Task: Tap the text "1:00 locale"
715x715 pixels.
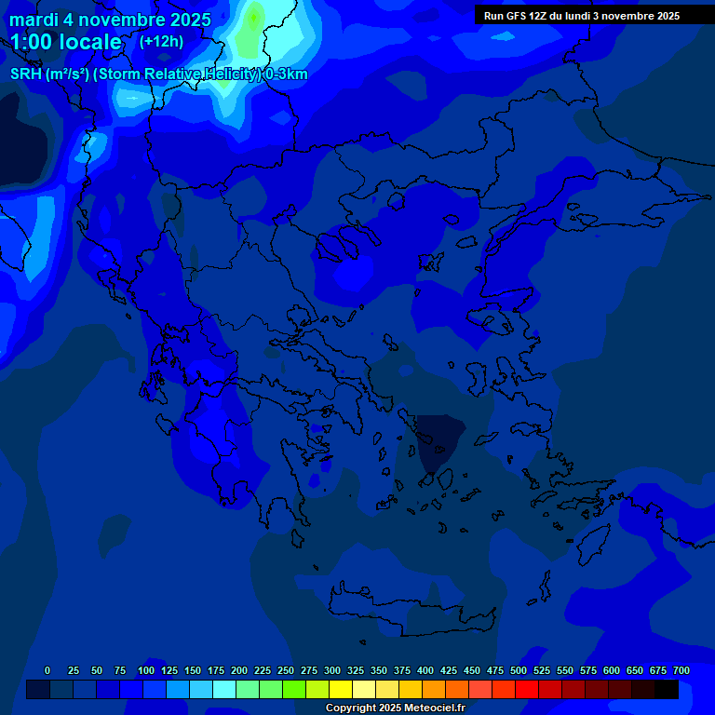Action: coord(66,42)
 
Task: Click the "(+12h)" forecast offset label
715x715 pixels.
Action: coord(161,41)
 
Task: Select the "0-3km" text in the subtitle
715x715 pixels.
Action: coord(287,74)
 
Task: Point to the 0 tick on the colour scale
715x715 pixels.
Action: coord(47,670)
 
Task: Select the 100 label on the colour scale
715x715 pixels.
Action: coord(146,670)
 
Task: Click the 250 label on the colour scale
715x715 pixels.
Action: coord(286,670)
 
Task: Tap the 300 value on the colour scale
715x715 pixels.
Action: coord(332,670)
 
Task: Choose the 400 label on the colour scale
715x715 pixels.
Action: coord(425,670)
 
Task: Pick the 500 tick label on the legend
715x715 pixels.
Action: coord(519,670)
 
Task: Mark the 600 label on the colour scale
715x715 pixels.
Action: coord(612,670)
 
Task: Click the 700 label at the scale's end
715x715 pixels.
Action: coord(681,670)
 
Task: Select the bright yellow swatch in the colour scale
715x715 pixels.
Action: coord(341,690)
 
